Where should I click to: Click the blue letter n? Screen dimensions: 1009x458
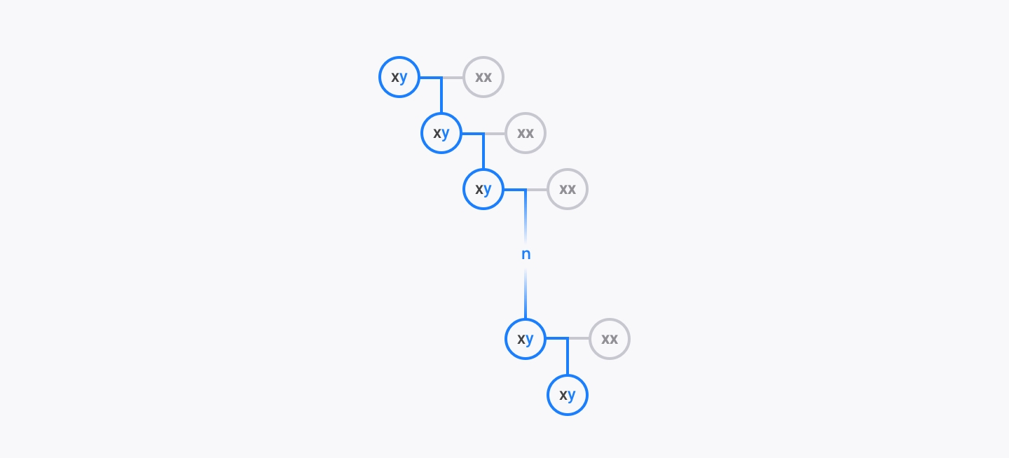526,254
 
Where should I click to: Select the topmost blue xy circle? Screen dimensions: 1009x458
399,77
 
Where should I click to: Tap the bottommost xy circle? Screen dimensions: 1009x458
568,395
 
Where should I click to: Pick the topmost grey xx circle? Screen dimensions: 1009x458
483,77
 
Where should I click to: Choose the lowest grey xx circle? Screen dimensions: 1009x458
610,339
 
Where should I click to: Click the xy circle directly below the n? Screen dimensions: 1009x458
526,339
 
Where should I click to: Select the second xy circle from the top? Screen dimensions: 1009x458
441,133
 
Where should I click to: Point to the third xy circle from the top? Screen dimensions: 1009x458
483,189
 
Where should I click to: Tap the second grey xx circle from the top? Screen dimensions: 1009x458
526,133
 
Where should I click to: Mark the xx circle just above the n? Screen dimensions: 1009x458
568,189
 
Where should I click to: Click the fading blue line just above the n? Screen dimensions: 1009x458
526,216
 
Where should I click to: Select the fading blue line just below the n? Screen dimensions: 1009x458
526,293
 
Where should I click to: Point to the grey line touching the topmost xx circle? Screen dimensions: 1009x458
453,78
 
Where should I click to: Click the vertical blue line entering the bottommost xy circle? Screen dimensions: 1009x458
568,356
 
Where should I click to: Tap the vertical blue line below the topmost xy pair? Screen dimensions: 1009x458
441,95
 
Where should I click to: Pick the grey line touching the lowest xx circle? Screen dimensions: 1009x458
579,338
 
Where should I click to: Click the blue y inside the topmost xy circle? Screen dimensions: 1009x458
403,78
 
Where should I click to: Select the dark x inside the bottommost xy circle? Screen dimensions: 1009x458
563,395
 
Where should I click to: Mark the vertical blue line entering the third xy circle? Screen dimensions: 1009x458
483,151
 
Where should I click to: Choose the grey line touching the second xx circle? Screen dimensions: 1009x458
495,134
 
